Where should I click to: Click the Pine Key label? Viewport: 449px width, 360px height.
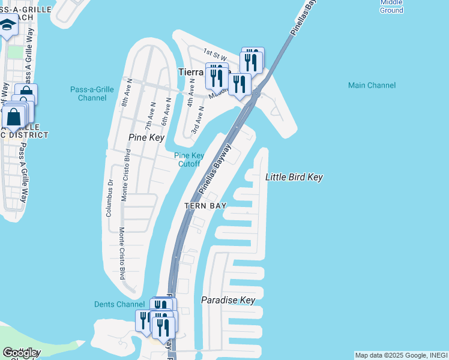pos(146,137)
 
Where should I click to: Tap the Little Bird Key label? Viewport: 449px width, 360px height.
pos(294,177)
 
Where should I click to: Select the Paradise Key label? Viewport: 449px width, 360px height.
pos(228,300)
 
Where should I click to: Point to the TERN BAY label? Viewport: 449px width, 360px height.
pos(205,206)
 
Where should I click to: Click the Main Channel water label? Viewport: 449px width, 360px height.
pos(372,85)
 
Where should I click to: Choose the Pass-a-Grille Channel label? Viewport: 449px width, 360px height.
pos(92,94)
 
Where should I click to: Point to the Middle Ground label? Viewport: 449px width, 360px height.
pos(391,6)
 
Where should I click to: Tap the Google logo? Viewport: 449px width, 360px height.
pos(20,353)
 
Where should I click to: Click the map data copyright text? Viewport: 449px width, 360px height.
pos(400,355)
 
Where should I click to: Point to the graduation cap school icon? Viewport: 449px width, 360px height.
pos(7,25)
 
